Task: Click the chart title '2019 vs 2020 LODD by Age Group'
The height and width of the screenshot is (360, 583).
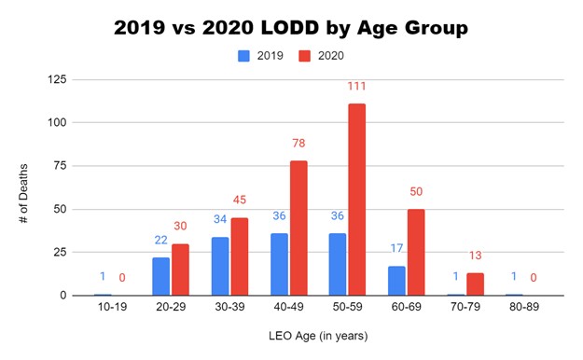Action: [x=290, y=27]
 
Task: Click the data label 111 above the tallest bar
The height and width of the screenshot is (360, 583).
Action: [x=355, y=87]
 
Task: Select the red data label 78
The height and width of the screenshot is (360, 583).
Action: [x=297, y=144]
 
